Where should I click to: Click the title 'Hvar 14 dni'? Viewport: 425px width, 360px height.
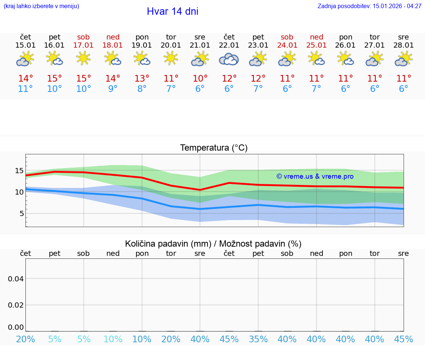point(172,11)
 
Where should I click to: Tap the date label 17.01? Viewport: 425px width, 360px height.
point(84,45)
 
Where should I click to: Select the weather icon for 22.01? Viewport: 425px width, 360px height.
point(229,59)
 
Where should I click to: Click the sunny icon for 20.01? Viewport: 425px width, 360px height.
point(171,58)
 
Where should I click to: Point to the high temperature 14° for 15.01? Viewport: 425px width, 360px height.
point(25,79)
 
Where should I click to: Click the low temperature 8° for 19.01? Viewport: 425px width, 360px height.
point(142,89)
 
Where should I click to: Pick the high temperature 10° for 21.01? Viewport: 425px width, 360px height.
point(200,79)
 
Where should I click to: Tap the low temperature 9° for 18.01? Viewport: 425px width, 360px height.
point(113,89)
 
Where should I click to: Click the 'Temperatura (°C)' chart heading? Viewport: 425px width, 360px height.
point(214,148)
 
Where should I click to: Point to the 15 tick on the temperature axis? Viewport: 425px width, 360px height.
point(19,171)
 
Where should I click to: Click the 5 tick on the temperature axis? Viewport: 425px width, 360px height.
point(21,213)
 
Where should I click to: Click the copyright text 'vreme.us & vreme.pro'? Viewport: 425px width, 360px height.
point(315,176)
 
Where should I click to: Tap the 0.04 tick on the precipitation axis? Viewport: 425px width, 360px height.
point(16,279)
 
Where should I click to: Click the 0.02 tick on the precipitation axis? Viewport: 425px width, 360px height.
point(16,305)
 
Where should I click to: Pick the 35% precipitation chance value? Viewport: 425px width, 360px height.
point(258,339)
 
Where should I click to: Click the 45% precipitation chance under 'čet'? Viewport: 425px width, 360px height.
point(229,339)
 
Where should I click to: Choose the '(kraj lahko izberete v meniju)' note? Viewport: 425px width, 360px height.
point(41,6)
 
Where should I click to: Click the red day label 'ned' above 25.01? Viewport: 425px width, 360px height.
point(317,37)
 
